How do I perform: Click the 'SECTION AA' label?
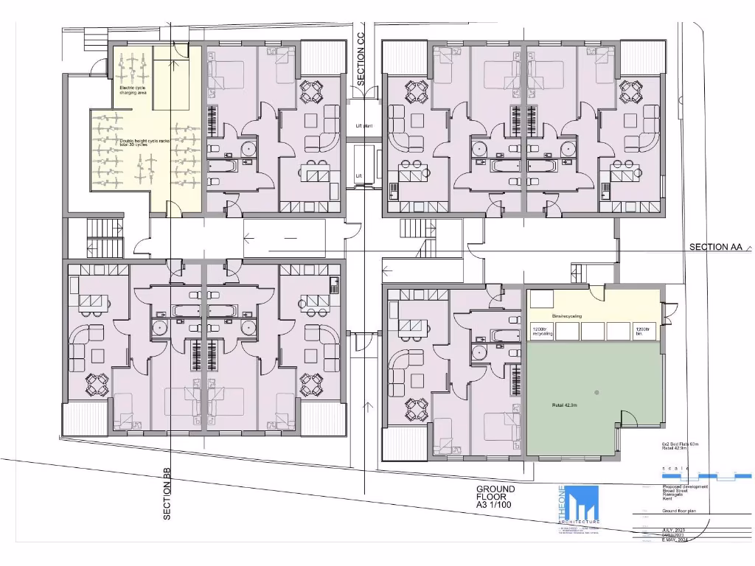[x=715, y=248]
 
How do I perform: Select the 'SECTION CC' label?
[x=361, y=60]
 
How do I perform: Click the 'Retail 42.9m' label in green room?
[x=566, y=405]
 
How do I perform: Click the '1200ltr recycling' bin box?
[x=541, y=332]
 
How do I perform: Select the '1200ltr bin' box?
[x=644, y=332]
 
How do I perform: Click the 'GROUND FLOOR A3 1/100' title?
[x=495, y=497]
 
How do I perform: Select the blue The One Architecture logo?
[x=577, y=505]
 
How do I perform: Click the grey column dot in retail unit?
[x=597, y=391]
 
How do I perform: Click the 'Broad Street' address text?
[x=674, y=491]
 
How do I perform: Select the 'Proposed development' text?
[x=685, y=486]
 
